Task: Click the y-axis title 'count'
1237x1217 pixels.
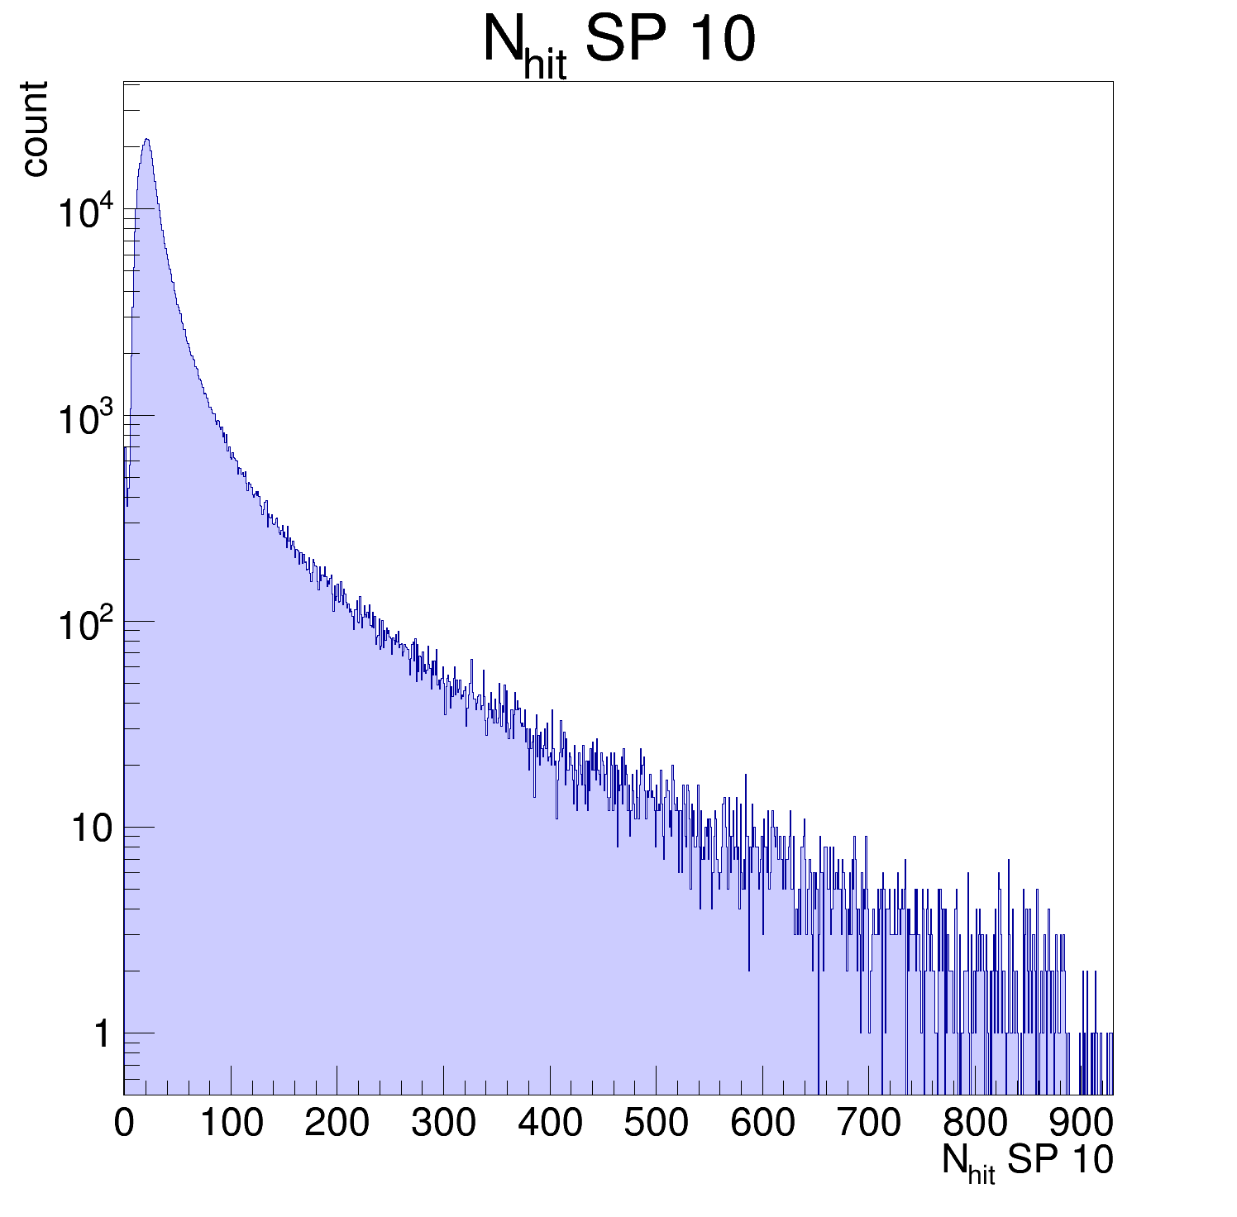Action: (x=35, y=129)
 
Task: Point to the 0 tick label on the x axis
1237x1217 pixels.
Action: (x=124, y=1123)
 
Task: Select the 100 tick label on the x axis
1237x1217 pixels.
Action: (x=231, y=1123)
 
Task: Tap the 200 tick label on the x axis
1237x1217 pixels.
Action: (x=337, y=1123)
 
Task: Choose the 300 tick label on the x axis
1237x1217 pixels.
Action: (x=443, y=1123)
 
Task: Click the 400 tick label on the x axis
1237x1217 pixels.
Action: (x=550, y=1123)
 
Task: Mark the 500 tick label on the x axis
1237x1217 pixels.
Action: (x=656, y=1123)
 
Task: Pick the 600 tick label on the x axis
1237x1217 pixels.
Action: (x=762, y=1123)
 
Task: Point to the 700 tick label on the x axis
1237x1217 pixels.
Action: (x=869, y=1123)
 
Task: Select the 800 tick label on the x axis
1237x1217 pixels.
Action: (x=975, y=1123)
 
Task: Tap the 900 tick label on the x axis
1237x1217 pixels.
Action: (x=1082, y=1123)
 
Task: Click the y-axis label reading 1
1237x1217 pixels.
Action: (x=101, y=1034)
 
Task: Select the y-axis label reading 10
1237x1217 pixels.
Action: (x=90, y=828)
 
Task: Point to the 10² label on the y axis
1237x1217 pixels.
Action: (x=85, y=625)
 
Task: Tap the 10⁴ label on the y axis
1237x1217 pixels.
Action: (x=85, y=213)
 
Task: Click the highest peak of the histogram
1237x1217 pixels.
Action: (x=146, y=140)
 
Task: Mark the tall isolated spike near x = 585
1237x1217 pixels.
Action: (x=746, y=776)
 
